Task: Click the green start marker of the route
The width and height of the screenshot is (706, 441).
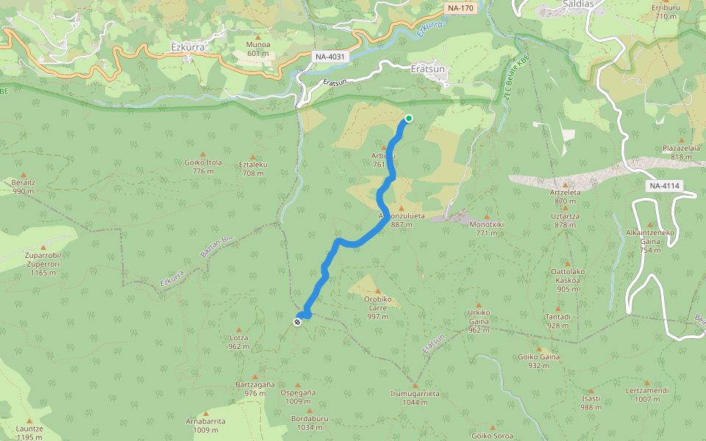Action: tap(408, 118)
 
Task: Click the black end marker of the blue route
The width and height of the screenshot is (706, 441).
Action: tap(297, 321)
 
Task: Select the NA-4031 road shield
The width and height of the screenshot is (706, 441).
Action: tap(329, 57)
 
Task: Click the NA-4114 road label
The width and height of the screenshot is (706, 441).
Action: tap(663, 186)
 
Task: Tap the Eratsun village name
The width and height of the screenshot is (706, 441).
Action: tap(427, 68)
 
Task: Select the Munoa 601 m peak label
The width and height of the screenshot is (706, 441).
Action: tap(258, 49)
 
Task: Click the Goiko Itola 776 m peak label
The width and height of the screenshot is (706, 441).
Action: tap(203, 166)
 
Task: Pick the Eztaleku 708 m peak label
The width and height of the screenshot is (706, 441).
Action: tap(252, 169)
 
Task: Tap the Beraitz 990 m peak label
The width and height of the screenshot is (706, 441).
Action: tap(24, 186)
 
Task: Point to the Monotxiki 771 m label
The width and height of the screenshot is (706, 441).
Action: tap(486, 228)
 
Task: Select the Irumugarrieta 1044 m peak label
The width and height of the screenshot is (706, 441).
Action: tap(415, 397)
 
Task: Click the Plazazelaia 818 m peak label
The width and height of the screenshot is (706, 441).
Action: tap(681, 151)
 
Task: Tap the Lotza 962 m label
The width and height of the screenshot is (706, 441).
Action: tap(238, 342)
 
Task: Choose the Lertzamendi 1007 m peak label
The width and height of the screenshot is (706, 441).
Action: tap(647, 395)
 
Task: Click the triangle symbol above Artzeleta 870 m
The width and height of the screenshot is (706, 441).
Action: tap(565, 185)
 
